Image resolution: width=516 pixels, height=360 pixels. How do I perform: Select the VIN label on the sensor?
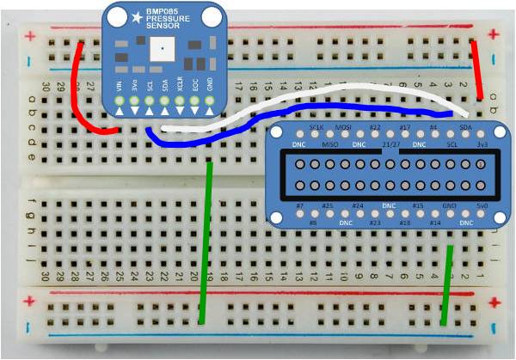[x=120, y=87]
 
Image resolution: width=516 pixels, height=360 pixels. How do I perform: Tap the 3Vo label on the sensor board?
[x=134, y=87]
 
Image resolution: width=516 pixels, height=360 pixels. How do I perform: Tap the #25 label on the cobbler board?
[x=328, y=207]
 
